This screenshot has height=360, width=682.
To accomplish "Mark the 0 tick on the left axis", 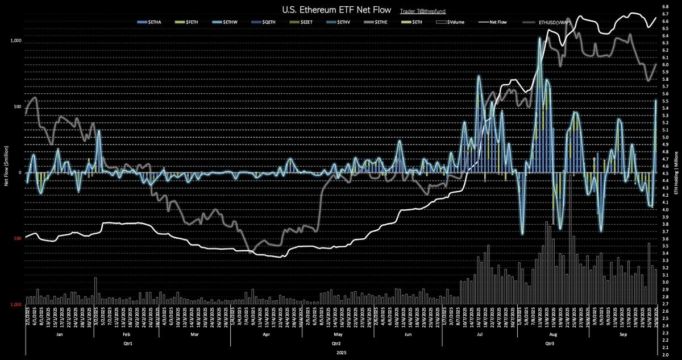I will (20, 173).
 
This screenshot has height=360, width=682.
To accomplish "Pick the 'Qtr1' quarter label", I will (127, 344).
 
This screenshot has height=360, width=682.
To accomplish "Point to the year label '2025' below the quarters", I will (341, 353).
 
